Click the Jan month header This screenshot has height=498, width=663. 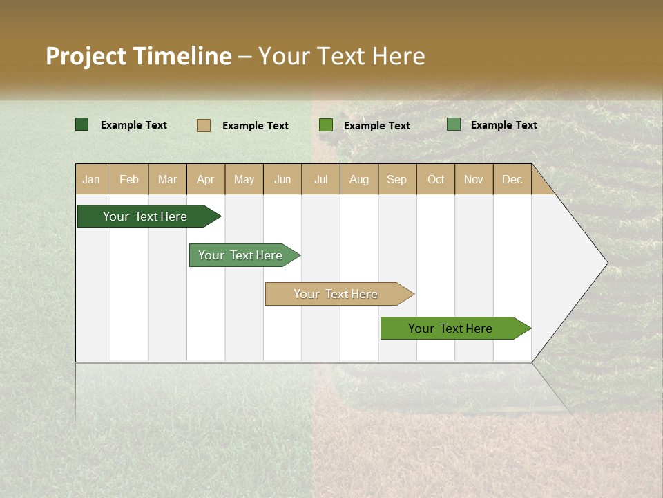tap(92, 180)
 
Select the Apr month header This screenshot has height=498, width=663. tap(206, 180)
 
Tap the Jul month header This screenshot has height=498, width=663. tap(320, 180)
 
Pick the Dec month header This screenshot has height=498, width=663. tap(512, 180)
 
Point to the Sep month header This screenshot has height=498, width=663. tap(396, 180)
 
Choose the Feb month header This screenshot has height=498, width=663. tap(129, 180)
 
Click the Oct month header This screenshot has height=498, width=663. tap(436, 180)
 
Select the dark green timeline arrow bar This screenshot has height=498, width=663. tap(145, 216)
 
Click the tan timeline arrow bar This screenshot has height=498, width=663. tap(336, 294)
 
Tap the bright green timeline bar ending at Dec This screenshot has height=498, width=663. tap(451, 329)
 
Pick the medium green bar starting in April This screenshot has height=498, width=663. tap(241, 255)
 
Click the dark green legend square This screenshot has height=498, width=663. tap(82, 124)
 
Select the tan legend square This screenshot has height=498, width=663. tap(204, 125)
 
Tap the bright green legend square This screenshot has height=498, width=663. tap(326, 125)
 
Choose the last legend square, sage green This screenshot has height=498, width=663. tap(454, 124)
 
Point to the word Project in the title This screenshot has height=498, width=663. tap(86, 56)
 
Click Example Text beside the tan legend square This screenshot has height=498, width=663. tap(255, 126)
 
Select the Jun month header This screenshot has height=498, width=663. tap(282, 180)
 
